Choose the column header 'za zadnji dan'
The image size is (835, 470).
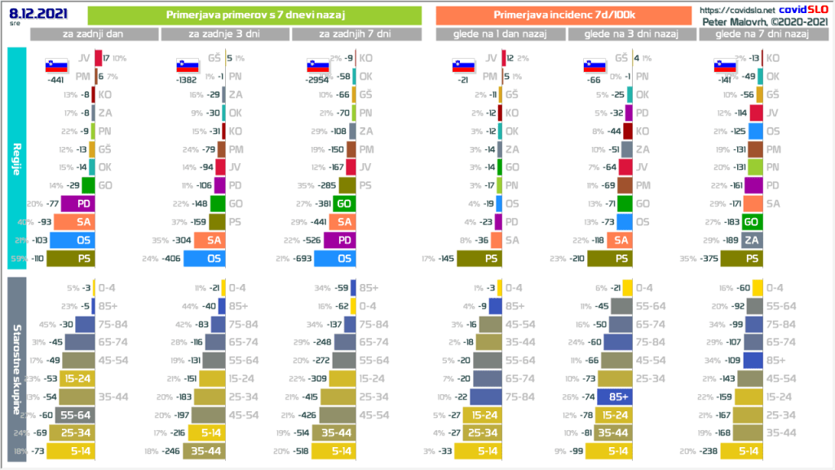[94, 34]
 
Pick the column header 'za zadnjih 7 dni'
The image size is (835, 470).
[356, 34]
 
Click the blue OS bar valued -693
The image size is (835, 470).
[334, 259]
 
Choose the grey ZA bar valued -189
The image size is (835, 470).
[752, 240]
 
